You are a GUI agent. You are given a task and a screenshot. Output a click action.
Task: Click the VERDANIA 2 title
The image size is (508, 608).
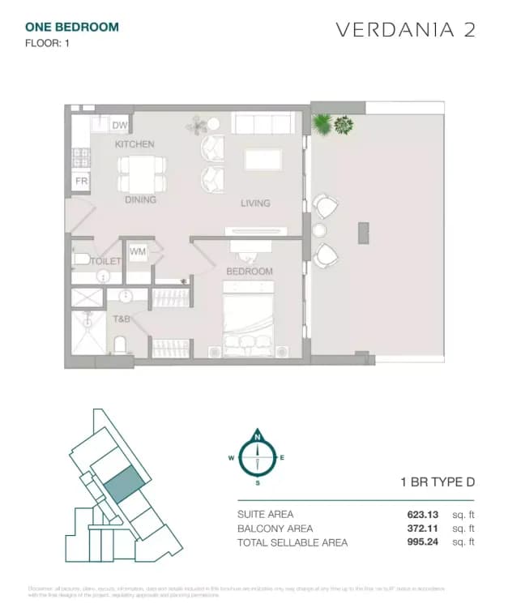405,30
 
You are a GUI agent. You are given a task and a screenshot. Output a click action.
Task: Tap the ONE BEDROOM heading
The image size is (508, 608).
72,27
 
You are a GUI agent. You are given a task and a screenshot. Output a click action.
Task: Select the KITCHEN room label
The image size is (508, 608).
134,144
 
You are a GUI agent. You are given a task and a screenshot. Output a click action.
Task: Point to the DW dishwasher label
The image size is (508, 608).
120,125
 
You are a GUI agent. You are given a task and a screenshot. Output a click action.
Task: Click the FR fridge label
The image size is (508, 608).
81,182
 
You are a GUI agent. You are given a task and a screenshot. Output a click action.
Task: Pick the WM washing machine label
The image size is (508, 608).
138,252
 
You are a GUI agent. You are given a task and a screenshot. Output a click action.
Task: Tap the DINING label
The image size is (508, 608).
140,199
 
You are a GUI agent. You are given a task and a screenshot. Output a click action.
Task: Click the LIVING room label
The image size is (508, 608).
255,203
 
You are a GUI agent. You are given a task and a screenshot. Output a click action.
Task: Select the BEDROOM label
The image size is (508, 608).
249,272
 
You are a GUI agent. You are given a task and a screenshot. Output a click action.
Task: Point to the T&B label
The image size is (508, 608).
122,319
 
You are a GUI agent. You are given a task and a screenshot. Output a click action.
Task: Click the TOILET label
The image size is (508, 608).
105,261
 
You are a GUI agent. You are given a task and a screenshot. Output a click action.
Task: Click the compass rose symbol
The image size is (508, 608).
258,457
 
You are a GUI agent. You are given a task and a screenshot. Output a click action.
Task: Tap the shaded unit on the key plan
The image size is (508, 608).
123,486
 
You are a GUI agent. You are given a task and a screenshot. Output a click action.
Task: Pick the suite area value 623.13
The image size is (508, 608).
422,514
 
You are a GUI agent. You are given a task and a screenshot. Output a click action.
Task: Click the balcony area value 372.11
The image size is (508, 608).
422,528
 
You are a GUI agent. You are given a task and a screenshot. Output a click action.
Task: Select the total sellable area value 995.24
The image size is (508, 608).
422,542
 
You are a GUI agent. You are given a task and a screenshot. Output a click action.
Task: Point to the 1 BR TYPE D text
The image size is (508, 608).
438,482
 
